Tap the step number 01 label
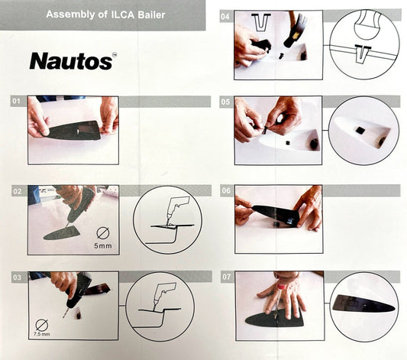click(16, 101)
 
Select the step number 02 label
click(18, 192)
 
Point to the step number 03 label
click(17, 277)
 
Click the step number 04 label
click(225, 17)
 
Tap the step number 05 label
click(225, 102)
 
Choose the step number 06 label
click(226, 191)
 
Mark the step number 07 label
click(226, 277)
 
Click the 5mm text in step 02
click(103, 245)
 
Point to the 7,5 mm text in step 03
click(41, 334)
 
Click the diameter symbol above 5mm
click(103, 233)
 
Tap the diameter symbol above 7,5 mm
click(42, 324)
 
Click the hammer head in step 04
click(296, 32)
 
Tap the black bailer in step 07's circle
click(363, 304)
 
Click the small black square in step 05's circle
click(359, 130)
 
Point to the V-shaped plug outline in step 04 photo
click(261, 23)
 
